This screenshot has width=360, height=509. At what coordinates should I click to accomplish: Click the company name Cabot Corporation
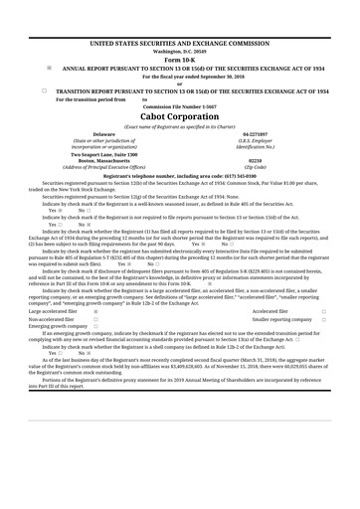(x=179, y=114)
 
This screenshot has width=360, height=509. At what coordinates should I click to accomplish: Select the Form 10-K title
(x=179, y=59)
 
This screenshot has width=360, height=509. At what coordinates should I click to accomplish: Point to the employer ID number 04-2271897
(x=255, y=133)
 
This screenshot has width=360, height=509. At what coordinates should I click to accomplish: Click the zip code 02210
(x=255, y=159)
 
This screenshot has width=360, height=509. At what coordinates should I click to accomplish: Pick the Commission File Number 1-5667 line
(x=179, y=105)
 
